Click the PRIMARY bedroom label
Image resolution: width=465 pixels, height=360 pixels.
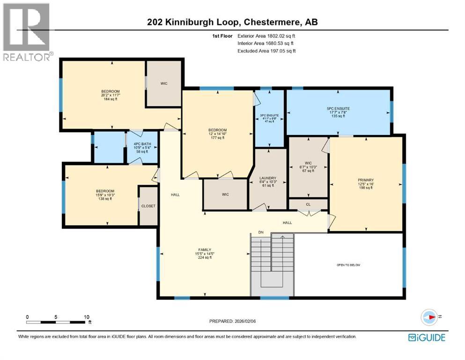(x=366, y=180)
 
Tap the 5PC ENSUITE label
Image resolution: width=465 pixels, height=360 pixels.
(x=338, y=108)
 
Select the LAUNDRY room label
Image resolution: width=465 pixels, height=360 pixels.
(x=267, y=178)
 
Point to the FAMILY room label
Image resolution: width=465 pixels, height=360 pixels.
(x=204, y=249)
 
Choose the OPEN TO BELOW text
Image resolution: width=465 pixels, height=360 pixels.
(x=348, y=265)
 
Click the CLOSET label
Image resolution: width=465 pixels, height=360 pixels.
(x=148, y=206)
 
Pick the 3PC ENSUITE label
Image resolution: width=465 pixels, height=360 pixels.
(x=269, y=115)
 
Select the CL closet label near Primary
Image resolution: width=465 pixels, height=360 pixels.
(x=308, y=204)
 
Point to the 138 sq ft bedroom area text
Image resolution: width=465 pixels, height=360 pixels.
(x=105, y=199)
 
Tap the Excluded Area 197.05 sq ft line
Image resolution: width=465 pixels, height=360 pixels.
(x=266, y=51)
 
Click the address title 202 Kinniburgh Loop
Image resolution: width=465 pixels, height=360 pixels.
(x=232, y=22)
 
